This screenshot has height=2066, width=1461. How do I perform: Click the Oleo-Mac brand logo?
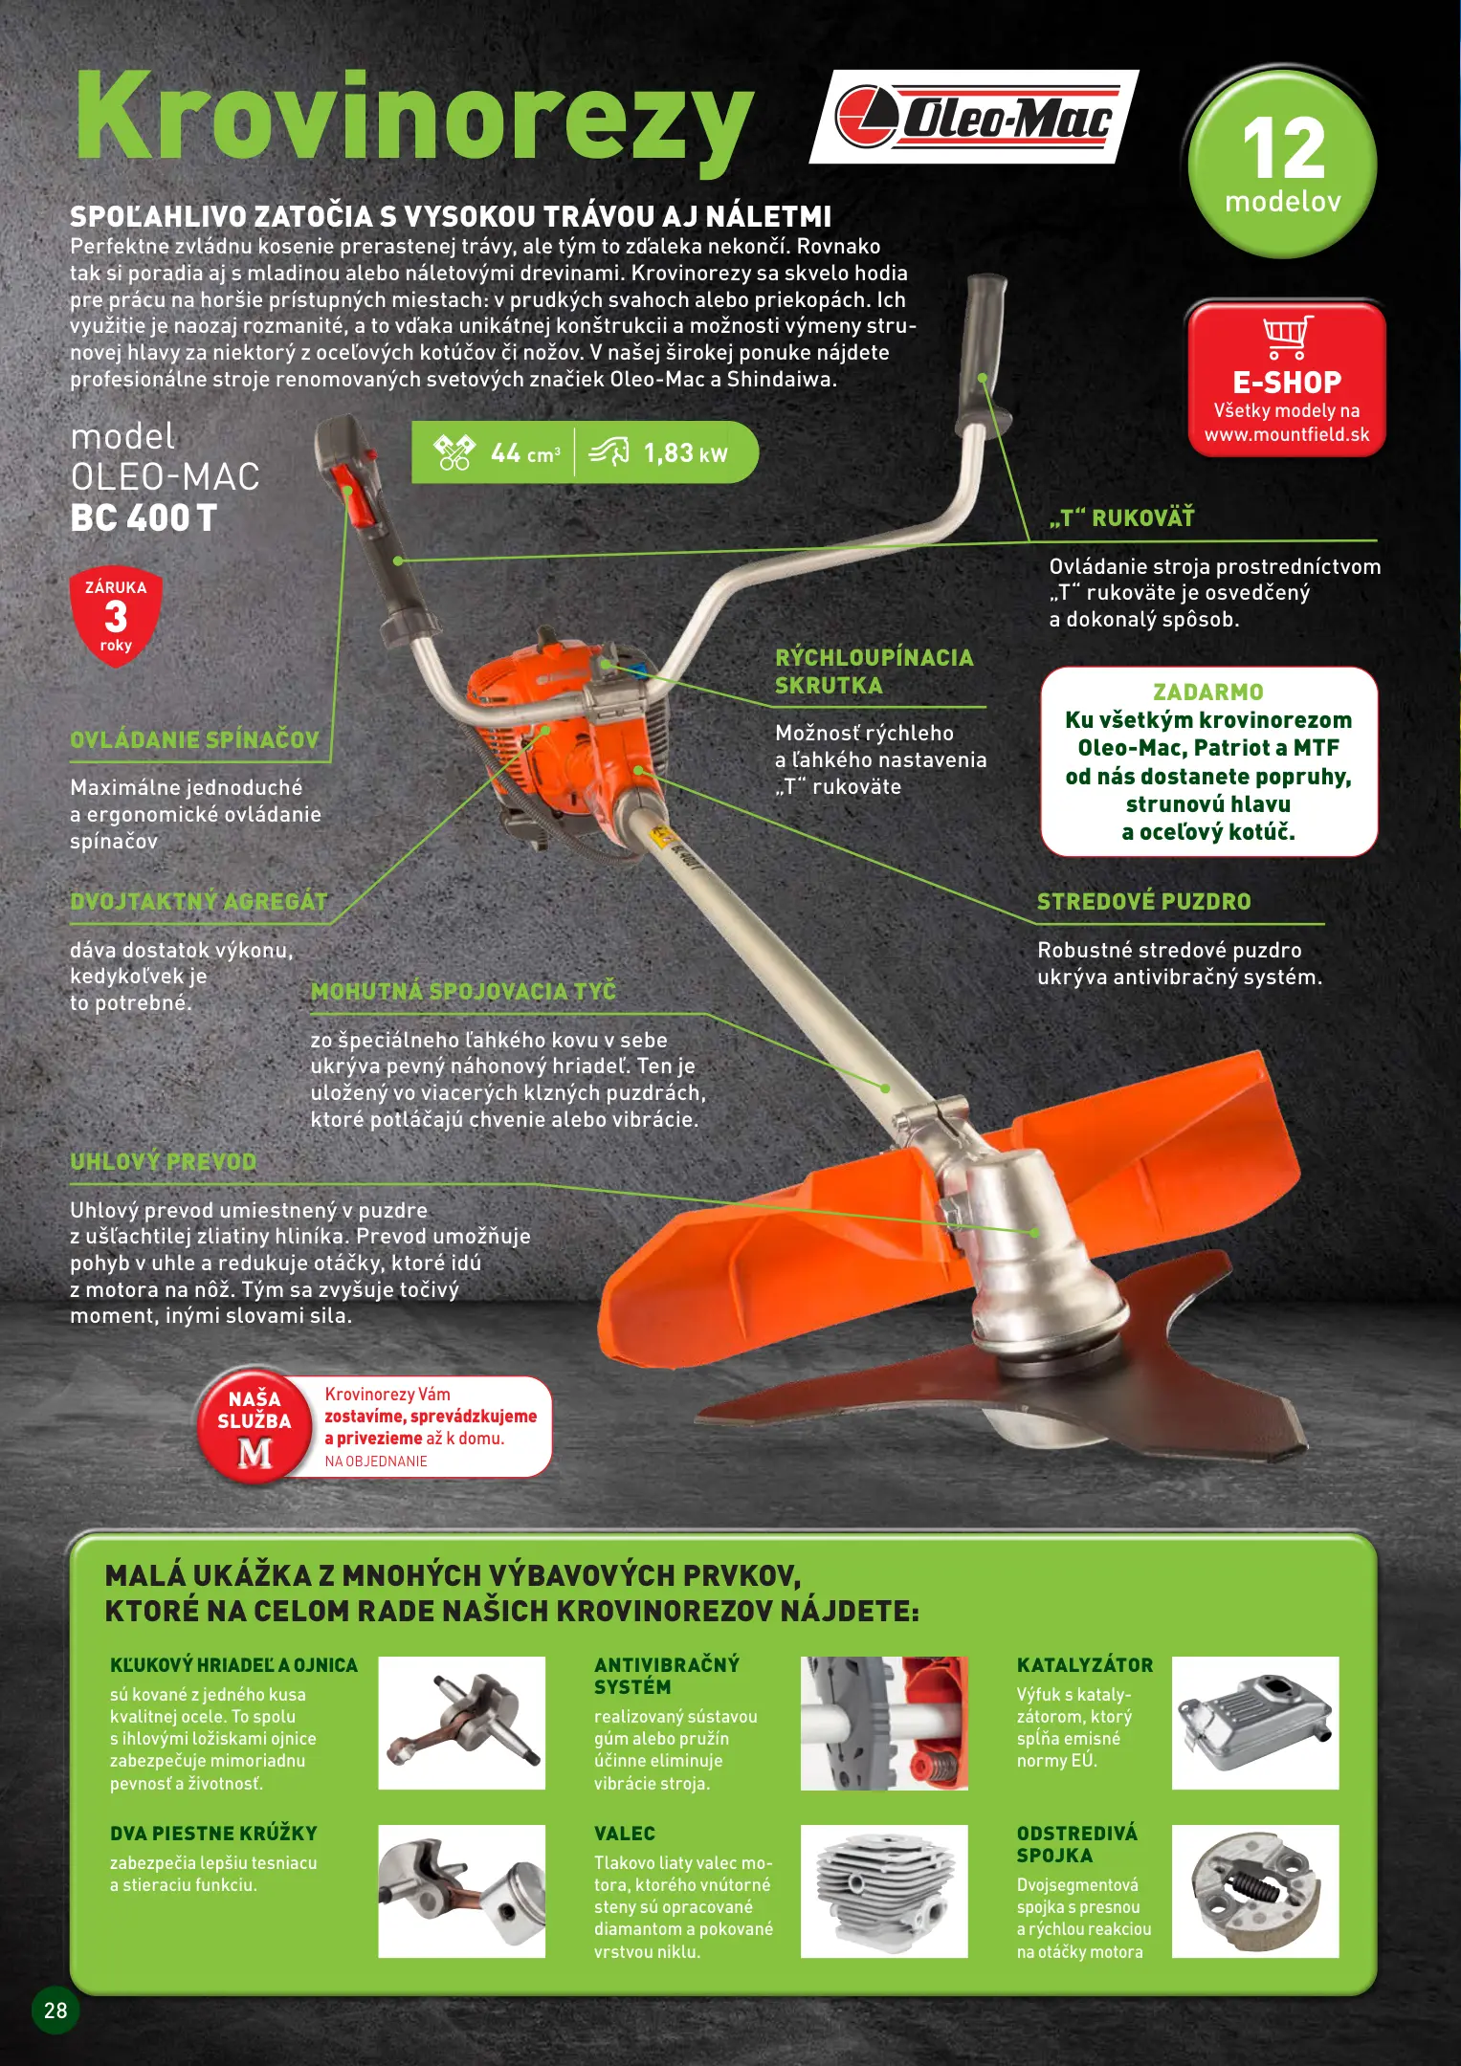tap(974, 117)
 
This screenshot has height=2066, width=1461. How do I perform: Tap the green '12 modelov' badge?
tap(1282, 163)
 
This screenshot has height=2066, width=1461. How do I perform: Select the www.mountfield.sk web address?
tap(1287, 435)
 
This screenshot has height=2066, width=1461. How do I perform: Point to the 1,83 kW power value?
tap(685, 453)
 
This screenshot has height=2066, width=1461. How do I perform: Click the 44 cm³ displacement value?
tap(525, 453)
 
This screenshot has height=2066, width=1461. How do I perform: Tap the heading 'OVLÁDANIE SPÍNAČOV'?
tap(194, 740)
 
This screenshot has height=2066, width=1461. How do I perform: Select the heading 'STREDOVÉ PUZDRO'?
tap(1144, 902)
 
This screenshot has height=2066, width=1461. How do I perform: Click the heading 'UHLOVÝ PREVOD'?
tap(164, 1162)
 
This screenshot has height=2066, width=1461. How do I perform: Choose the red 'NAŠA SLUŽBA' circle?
tap(255, 1426)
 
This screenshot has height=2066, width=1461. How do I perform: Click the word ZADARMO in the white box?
tap(1208, 692)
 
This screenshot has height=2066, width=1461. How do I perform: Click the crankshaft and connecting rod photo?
tap(462, 1723)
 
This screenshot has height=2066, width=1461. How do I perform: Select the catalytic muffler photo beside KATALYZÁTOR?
tap(1255, 1723)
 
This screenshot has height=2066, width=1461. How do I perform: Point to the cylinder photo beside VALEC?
tap(884, 1891)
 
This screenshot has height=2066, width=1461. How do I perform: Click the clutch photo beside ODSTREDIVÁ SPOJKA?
tap(1255, 1891)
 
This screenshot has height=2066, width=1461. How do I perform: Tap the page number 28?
tap(55, 2011)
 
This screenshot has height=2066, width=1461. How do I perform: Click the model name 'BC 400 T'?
tap(144, 518)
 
